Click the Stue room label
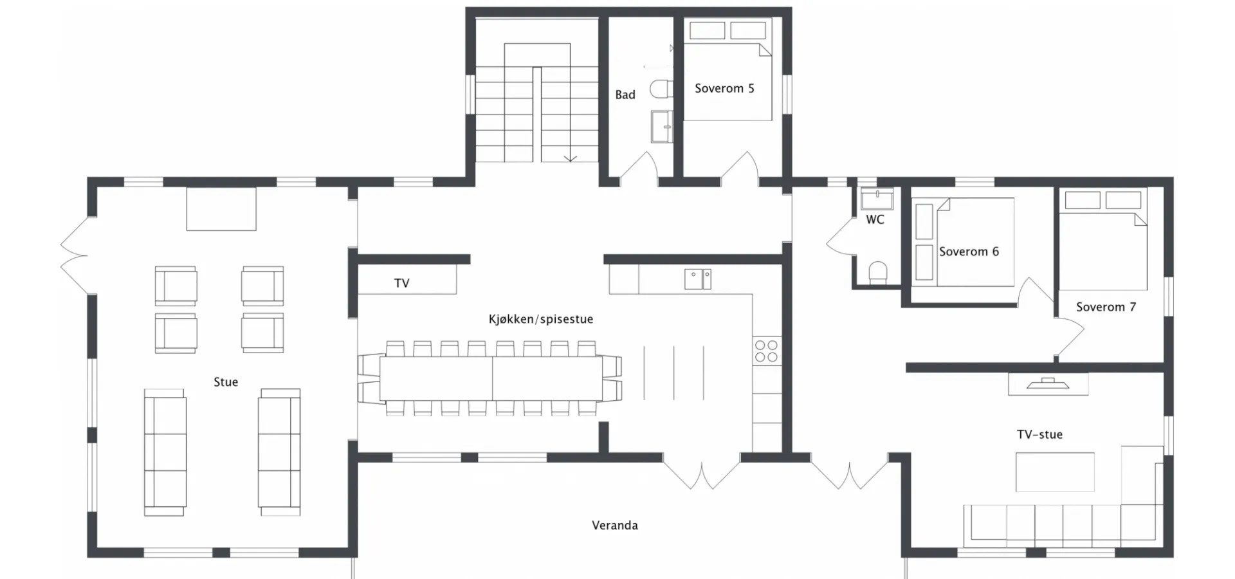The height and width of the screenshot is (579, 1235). [226, 382]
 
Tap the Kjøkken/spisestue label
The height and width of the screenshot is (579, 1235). [541, 319]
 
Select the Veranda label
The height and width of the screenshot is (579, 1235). [615, 526]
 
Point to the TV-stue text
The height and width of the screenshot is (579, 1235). [1039, 435]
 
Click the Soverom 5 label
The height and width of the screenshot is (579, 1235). [724, 89]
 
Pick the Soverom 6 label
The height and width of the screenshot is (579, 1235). [969, 252]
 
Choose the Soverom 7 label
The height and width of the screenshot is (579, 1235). [1106, 307]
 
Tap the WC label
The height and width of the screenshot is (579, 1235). [875, 220]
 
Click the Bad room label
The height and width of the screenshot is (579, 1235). [625, 95]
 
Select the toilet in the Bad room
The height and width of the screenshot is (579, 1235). [661, 89]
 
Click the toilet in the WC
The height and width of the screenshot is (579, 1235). [878, 272]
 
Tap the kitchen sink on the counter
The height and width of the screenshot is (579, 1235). [697, 279]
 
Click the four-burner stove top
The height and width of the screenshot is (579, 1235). [766, 351]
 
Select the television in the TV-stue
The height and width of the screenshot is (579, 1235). [1048, 384]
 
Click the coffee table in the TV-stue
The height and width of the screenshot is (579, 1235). [1055, 472]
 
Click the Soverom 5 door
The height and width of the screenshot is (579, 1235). [740, 166]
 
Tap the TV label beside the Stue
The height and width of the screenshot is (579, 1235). [401, 283]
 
